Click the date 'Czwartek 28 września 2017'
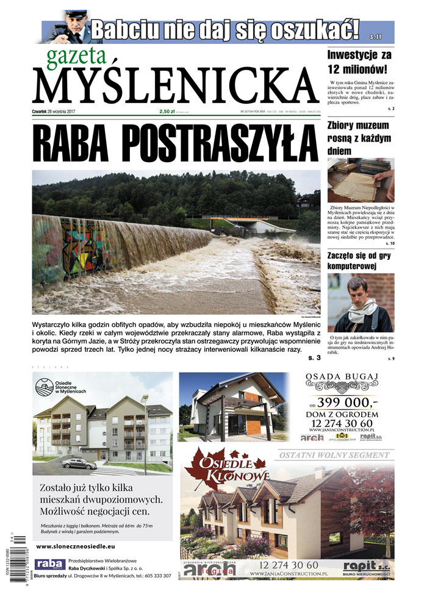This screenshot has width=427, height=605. [x=53, y=112]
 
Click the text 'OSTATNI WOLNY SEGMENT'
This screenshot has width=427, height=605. [x=334, y=456]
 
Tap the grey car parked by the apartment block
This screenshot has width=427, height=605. [x=78, y=464]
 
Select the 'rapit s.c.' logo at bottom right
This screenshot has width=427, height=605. [x=364, y=567]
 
